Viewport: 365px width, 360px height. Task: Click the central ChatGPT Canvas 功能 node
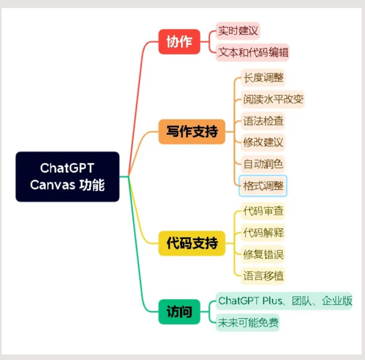67,177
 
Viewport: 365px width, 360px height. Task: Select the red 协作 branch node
179,41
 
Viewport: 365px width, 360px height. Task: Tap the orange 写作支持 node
191,132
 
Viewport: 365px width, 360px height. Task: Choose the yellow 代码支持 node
191,243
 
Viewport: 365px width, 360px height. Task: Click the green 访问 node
179,311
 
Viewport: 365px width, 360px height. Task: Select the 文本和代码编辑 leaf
253,52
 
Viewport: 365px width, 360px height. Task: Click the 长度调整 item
263,78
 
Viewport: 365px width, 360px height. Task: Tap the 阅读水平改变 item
273,100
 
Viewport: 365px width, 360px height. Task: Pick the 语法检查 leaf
263,121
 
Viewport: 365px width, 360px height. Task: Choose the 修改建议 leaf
263,142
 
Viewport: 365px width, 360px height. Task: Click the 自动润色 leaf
263,164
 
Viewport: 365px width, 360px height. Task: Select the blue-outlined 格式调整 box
263,186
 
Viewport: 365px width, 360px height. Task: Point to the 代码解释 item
263,232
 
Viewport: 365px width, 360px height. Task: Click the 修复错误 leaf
263,254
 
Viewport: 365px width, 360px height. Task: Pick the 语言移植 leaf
263,275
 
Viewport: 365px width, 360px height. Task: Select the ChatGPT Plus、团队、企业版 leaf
284,301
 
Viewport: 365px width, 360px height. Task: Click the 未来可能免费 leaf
248,322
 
